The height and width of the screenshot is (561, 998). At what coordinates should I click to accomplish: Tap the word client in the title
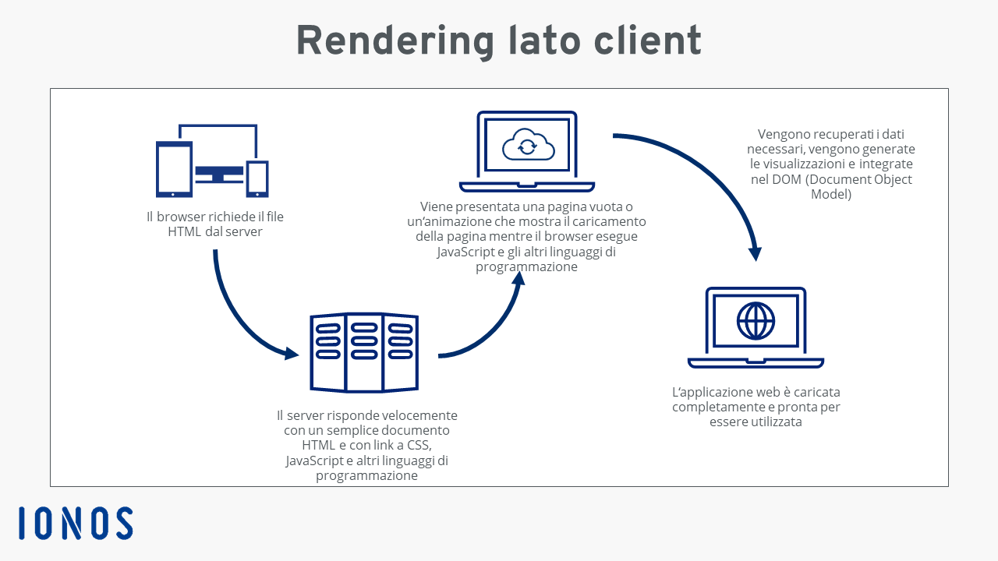[x=647, y=40]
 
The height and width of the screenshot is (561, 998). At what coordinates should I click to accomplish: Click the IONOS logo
[x=76, y=523]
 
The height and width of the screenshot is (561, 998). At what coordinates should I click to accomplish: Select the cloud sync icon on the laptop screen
[x=528, y=144]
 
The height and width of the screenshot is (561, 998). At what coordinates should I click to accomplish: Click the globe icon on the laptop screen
[x=756, y=320]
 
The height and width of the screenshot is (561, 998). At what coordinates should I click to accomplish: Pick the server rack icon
[x=364, y=352]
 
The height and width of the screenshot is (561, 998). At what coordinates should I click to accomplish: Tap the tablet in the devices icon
[x=174, y=169]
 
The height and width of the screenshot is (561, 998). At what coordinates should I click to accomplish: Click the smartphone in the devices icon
[x=257, y=179]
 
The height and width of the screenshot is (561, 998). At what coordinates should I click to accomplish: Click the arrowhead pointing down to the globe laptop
[x=756, y=254]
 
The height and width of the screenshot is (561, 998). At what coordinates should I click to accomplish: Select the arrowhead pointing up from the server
[x=518, y=278]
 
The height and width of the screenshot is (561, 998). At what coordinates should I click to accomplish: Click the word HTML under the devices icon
[x=185, y=232]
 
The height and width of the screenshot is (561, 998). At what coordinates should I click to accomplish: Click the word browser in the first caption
[x=180, y=217]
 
